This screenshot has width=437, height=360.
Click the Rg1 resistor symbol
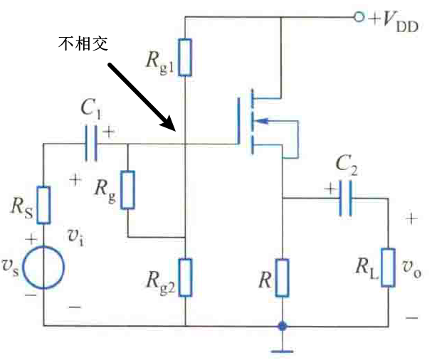(x=184, y=58)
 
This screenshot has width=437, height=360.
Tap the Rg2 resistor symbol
(x=184, y=277)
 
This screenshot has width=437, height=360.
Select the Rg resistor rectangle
(x=127, y=189)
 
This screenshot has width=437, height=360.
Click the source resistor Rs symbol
(x=43, y=205)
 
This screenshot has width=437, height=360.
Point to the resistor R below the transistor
(x=283, y=277)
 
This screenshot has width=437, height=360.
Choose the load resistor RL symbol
(x=389, y=267)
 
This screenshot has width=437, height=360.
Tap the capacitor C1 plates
(x=90, y=144)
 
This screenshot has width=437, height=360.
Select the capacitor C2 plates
(x=345, y=199)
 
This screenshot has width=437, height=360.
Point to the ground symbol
(x=283, y=348)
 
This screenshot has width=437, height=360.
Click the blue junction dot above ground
(x=283, y=327)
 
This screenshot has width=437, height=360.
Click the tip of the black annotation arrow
(x=174, y=130)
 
